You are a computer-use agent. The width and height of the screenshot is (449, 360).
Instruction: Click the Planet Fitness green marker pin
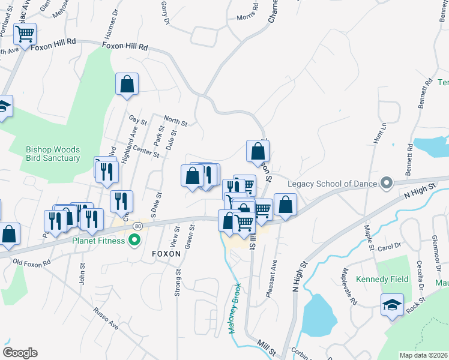134,241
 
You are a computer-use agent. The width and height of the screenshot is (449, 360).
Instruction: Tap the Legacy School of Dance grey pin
387,183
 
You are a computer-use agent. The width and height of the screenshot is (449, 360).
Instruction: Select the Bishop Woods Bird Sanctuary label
53,154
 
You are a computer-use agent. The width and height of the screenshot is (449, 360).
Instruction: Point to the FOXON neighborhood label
166,254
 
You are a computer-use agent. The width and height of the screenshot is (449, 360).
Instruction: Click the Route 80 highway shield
138,226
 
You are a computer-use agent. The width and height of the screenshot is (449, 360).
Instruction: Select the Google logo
20,353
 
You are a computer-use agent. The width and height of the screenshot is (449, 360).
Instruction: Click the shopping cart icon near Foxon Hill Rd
25,35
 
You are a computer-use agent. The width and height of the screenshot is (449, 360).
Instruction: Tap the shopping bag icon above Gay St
127,85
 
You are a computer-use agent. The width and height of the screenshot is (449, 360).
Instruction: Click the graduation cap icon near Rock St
391,305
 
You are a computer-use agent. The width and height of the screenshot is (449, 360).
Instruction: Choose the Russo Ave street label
106,318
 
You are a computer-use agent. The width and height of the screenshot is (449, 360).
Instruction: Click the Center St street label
146,151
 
